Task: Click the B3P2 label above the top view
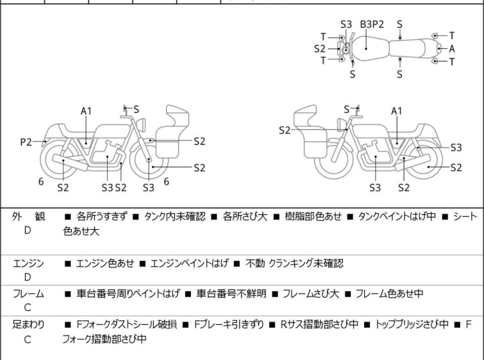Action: [x=372, y=24]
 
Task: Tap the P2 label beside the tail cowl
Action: [x=26, y=142]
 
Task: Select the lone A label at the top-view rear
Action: [x=452, y=49]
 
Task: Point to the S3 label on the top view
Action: [x=346, y=24]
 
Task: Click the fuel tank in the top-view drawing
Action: [x=368, y=48]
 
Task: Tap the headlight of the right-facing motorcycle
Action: [x=141, y=125]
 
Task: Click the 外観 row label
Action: [x=28, y=216]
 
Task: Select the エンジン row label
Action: [x=28, y=263]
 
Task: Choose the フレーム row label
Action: [x=28, y=293]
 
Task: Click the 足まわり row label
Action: [x=28, y=325]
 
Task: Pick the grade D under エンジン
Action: [x=28, y=277]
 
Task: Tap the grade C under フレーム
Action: [x=28, y=307]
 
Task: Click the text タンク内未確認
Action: [x=175, y=216]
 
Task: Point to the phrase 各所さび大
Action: [x=245, y=216]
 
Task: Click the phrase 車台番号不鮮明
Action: [x=231, y=293]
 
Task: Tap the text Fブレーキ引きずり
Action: [x=229, y=325]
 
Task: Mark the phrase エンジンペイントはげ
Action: [x=189, y=263]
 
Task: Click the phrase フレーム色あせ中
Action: [x=389, y=293]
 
